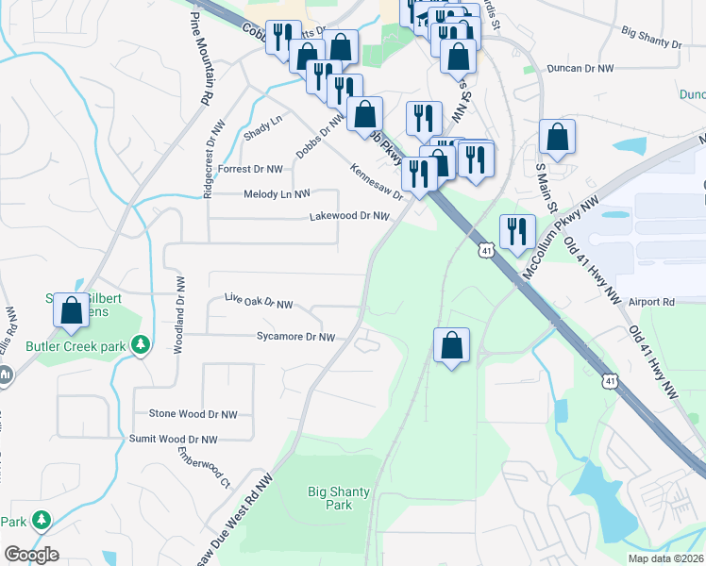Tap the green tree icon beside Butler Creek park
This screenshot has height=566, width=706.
pyautogui.click(x=141, y=346)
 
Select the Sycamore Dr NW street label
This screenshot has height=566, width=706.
pyautogui.click(x=295, y=337)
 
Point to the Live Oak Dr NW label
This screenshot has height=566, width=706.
pyautogui.click(x=258, y=301)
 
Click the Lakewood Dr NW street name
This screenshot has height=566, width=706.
pyautogui.click(x=349, y=216)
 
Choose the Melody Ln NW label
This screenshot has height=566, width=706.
pyautogui.click(x=277, y=194)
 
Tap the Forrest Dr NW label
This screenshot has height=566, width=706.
pyautogui.click(x=250, y=169)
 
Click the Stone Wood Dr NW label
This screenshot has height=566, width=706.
pyautogui.click(x=193, y=414)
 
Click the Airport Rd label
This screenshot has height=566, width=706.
pyautogui.click(x=655, y=302)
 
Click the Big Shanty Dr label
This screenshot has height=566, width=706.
pyautogui.click(x=650, y=38)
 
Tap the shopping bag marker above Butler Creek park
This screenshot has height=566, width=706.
pyautogui.click(x=71, y=310)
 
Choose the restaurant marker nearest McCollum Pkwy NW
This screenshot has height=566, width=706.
pyautogui.click(x=516, y=232)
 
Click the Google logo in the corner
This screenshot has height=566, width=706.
pyautogui.click(x=31, y=555)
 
